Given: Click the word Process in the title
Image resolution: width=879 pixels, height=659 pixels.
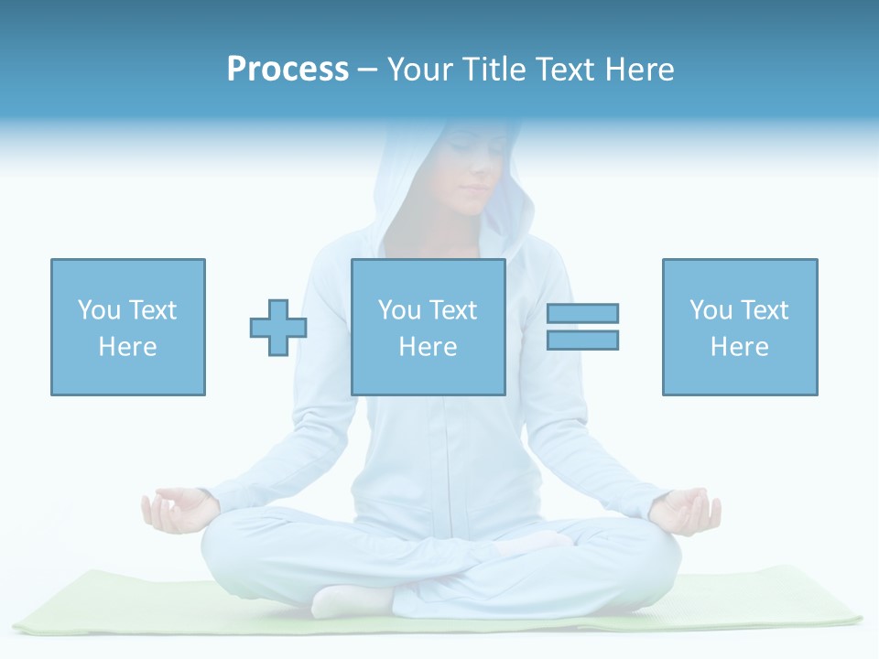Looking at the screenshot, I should click(288, 70).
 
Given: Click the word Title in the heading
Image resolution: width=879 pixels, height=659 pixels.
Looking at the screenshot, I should click(495, 70).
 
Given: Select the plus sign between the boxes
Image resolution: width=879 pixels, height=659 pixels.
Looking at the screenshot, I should click(278, 328).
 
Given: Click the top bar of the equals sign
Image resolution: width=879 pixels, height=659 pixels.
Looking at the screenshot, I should click(582, 313).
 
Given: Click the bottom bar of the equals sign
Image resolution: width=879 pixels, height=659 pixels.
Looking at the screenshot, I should click(582, 340).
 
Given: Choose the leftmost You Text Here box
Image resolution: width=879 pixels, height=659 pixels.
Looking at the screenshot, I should click(128, 327).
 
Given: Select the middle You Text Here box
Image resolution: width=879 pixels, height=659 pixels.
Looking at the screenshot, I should click(428, 327).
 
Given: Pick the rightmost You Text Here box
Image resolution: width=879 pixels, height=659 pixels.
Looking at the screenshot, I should click(739, 327).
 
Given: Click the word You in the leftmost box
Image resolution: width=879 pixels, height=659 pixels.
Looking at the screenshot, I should click(99, 310).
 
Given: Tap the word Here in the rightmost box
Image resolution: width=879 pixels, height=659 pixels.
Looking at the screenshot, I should click(739, 347).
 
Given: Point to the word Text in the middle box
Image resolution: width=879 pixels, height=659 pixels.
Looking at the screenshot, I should click(452, 310).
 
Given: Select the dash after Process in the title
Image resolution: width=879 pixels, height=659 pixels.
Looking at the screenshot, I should click(367, 70).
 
